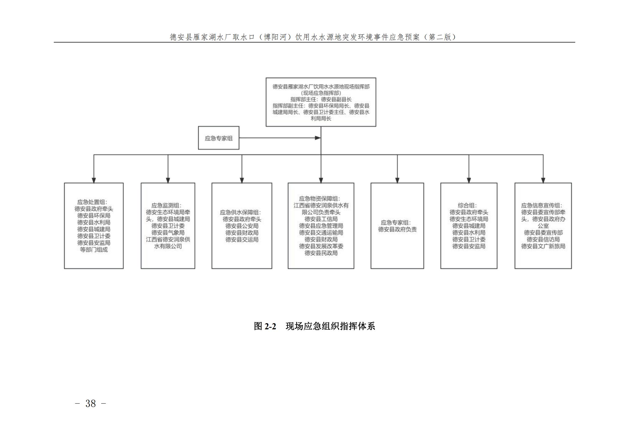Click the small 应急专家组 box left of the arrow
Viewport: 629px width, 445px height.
[218, 138]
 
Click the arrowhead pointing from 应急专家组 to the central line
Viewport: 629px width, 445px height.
[318, 138]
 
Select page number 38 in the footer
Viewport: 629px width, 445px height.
[91, 404]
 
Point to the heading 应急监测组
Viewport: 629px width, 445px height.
[166, 206]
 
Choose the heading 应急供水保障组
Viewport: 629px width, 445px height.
[240, 212]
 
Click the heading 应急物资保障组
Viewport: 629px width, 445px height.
[319, 199]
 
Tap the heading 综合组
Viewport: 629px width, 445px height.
[467, 206]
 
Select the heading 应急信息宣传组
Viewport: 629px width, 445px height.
[541, 206]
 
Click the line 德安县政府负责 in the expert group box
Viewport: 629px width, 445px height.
[397, 229]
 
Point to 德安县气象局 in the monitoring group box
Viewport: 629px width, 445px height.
[168, 233]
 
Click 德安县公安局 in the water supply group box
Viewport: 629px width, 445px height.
[242, 226]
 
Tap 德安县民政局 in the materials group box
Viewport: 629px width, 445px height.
[321, 253]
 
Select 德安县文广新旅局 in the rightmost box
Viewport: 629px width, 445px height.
[543, 246]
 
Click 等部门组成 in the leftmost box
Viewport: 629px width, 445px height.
[94, 250]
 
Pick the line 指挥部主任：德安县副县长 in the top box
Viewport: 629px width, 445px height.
[321, 99]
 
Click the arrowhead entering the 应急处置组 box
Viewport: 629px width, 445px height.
[94, 180]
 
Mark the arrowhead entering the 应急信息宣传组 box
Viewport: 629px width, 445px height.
[543, 180]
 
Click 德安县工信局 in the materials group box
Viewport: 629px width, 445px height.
[321, 219]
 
